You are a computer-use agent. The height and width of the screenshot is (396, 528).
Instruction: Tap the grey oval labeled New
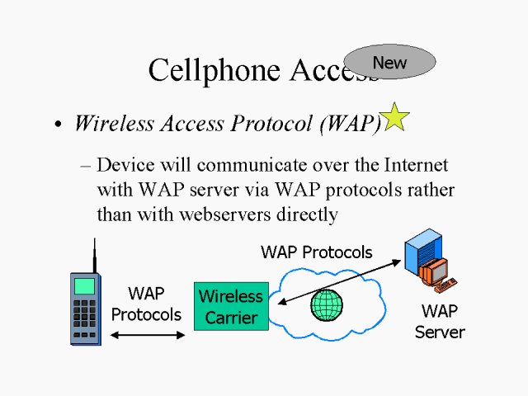tap(389, 62)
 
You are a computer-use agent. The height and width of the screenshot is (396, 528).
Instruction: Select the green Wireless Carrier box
tap(231, 306)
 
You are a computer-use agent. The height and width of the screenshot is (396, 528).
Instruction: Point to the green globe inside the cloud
tap(326, 304)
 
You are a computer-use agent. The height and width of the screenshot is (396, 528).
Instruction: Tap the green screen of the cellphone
tap(84, 285)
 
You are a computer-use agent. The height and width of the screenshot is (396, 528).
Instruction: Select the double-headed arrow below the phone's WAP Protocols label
tap(148, 335)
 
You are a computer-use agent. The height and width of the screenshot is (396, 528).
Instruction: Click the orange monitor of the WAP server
tap(434, 271)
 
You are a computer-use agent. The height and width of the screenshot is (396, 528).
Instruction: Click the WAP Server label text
tap(440, 322)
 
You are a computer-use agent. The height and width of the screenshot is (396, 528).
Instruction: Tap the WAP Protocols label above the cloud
tap(316, 252)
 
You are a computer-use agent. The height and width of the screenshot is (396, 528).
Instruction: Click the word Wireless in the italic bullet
tap(111, 123)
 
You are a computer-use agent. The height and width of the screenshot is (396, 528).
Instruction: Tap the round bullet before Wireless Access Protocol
tap(58, 125)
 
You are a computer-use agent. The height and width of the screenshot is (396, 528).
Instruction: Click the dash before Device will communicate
tap(85, 165)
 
